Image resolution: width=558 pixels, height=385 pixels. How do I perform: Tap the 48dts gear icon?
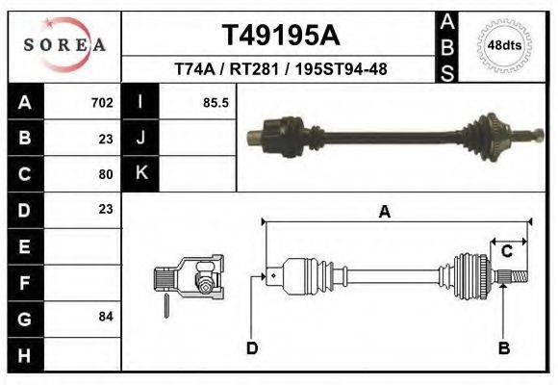[505, 45]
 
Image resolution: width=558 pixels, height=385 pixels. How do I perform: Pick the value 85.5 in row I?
[216, 102]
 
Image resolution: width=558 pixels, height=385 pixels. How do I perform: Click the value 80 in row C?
[106, 174]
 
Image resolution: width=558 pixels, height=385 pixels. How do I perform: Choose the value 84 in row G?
[106, 316]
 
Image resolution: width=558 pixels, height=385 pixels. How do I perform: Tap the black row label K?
[141, 173]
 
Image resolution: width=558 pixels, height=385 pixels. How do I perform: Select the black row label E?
[24, 246]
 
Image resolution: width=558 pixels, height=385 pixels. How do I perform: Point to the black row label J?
[141, 138]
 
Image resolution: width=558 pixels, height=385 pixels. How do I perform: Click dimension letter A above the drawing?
[384, 213]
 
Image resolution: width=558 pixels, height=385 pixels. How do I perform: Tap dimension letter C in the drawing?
[506, 251]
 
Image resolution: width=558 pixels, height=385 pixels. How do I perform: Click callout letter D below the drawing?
[251, 347]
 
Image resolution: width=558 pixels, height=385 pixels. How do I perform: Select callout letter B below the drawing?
[503, 347]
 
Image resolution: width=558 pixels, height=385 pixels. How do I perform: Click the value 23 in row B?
[106, 138]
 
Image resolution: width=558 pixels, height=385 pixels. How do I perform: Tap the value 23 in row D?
[106, 209]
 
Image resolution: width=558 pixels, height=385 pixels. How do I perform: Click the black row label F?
[24, 282]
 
